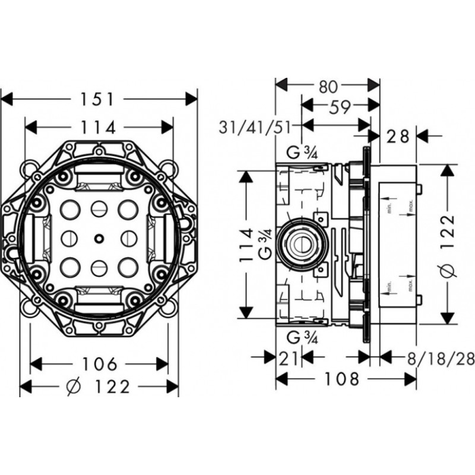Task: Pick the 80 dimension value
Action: pos(328,87)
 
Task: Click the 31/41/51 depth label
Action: pos(257,126)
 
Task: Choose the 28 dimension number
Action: pos(397,137)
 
